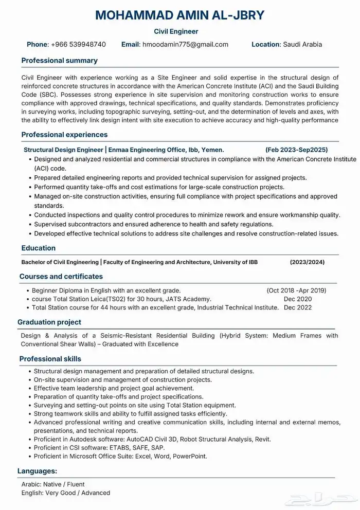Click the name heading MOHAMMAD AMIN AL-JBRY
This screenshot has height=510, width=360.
tap(179, 15)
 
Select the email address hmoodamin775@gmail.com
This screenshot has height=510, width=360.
tap(185, 44)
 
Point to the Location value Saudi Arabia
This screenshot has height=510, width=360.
tap(302, 44)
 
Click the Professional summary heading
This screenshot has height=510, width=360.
tap(59, 61)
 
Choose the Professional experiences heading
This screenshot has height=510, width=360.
tap(64, 135)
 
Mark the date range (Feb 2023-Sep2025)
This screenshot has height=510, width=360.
tap(296, 150)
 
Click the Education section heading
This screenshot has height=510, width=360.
tap(39, 248)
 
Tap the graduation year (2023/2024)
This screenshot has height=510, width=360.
tap(307, 262)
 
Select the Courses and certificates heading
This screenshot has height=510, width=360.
tap(61, 277)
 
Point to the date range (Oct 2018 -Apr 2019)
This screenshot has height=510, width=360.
tap(296, 290)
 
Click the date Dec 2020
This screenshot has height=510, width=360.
tap(298, 299)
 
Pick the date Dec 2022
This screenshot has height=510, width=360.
tap(298, 307)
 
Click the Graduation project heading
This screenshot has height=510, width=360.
tap(49, 322)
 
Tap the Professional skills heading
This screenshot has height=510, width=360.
tap(50, 359)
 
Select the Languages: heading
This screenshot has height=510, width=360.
tap(37, 471)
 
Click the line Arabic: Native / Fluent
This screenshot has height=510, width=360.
tap(53, 484)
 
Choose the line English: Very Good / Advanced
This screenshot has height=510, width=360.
tap(66, 493)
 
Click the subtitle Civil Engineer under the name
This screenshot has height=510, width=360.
tap(179, 31)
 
